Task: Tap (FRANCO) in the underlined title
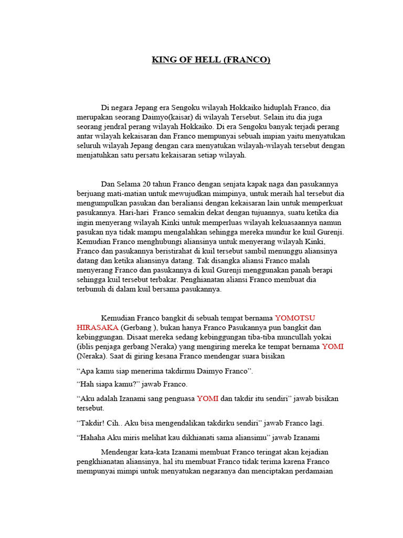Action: (246, 60)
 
